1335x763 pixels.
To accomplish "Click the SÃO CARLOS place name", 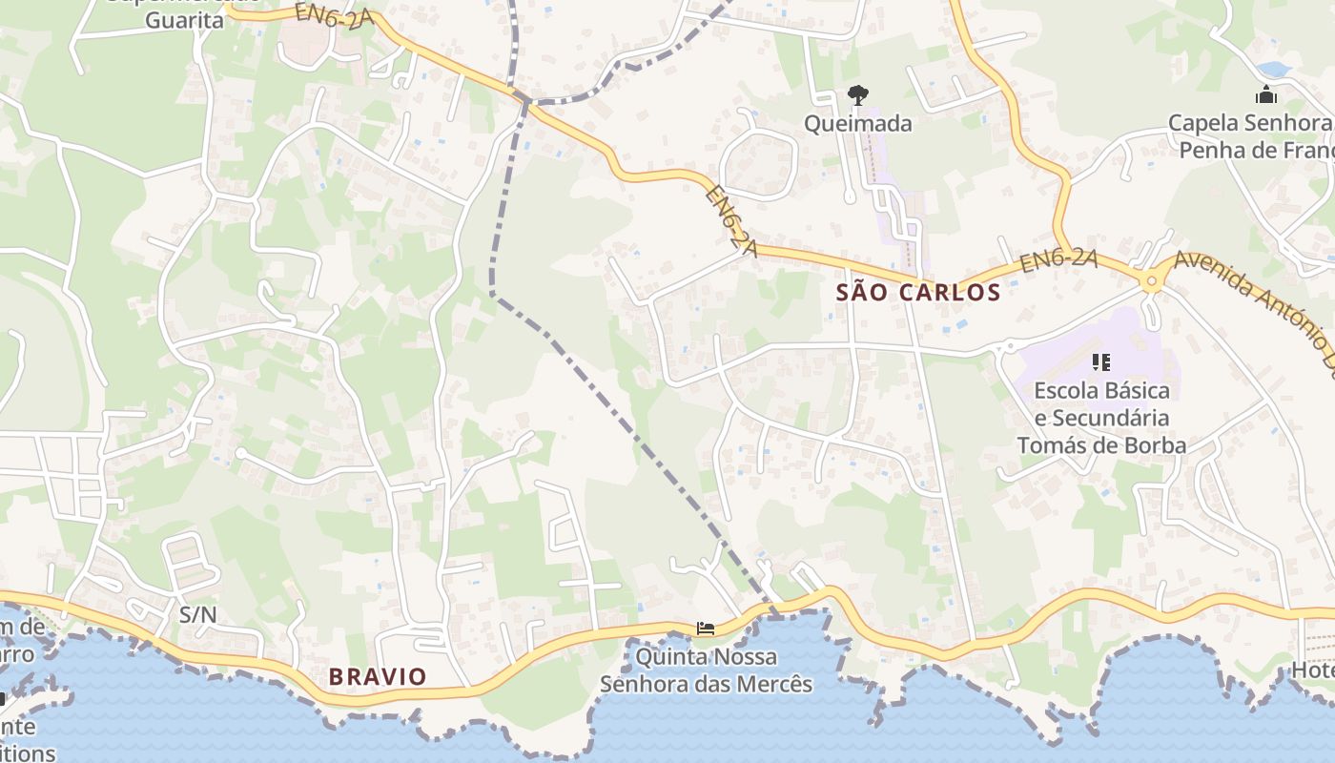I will (918, 293).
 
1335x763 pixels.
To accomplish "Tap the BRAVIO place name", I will (378, 677).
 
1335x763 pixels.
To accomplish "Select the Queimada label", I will (857, 123).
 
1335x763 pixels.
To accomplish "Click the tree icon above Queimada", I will (857, 94).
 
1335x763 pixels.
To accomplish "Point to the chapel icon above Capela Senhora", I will (1266, 94).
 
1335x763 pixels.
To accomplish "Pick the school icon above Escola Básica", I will (1101, 362).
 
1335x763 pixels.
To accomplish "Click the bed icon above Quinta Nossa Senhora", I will (706, 629).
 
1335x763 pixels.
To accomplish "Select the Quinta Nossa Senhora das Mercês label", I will (706, 670).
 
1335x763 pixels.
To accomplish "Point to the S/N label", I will (198, 615).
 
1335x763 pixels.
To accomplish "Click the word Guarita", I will (185, 20).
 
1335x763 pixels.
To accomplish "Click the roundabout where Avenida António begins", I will (1151, 280).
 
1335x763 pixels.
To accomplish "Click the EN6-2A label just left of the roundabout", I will (1058, 260).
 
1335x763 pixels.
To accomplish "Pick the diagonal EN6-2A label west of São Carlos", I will (731, 221).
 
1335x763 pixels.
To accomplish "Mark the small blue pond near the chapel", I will (1275, 70).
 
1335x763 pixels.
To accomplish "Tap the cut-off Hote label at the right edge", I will (1313, 670).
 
